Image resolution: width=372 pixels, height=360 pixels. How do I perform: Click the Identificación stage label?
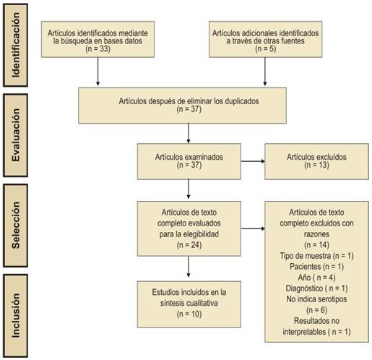tap(15, 45)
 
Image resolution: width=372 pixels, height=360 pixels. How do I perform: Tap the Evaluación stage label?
tap(15, 135)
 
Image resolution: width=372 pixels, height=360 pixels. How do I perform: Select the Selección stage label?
tap(15, 226)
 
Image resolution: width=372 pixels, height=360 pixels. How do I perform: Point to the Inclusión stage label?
tap(15, 316)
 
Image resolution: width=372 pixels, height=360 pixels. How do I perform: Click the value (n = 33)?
tap(98, 49)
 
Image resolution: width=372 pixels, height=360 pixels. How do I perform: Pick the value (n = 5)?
tap(265, 49)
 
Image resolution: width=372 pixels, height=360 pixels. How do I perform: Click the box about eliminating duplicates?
tap(182, 106)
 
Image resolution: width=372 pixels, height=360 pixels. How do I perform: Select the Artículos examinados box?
tap(189, 161)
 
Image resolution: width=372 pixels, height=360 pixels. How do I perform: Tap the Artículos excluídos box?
tap(316, 161)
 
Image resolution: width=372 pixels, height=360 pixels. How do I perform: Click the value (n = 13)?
tap(316, 165)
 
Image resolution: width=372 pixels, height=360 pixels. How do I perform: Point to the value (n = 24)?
tap(189, 245)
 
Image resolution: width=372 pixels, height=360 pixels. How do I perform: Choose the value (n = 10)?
tap(189, 314)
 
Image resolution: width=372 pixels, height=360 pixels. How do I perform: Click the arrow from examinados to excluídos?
tap(253, 161)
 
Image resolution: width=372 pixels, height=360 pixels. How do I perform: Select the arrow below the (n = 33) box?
tap(98, 72)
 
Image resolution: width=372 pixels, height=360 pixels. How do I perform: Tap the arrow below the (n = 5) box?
tap(265, 72)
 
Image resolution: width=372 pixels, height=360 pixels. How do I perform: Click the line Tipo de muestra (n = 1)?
tap(316, 256)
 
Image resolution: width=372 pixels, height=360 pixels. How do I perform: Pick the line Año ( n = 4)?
tap(316, 278)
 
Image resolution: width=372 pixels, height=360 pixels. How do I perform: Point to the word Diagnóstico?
tap(304, 288)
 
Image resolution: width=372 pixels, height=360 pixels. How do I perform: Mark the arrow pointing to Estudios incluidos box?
tap(189, 267)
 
